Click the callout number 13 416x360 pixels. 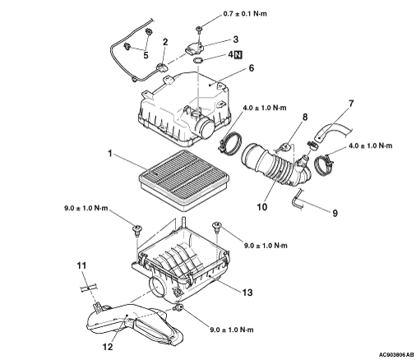click(x=247, y=293)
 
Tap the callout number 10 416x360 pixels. click(x=262, y=207)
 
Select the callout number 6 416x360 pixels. click(x=252, y=67)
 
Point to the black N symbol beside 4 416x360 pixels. click(x=238, y=55)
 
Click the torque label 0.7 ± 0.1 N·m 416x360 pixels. click(x=245, y=14)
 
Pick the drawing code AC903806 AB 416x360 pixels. click(x=396, y=354)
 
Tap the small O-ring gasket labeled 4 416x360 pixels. click(x=198, y=61)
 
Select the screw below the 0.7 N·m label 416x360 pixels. click(x=199, y=29)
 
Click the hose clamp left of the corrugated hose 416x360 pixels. click(x=231, y=142)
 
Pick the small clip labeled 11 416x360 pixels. click(x=88, y=288)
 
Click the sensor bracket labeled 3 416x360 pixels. click(x=195, y=48)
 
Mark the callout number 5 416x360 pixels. click(x=146, y=55)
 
